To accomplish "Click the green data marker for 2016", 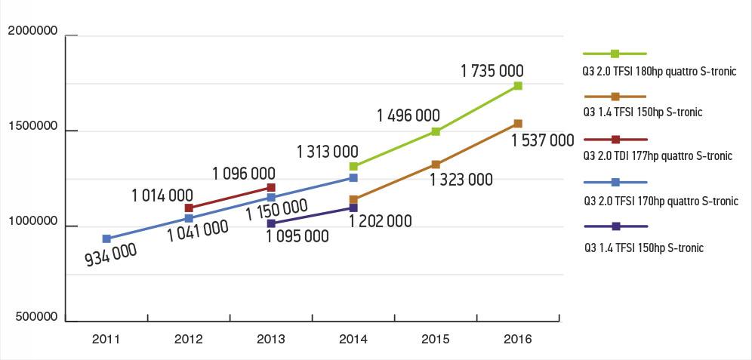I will click(x=518, y=86).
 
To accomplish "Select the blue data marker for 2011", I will click(x=106, y=238).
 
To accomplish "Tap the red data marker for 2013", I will click(x=271, y=187).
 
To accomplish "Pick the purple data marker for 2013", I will click(x=271, y=223).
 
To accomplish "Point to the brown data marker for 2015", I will click(x=436, y=164).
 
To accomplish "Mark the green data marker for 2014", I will click(x=353, y=166).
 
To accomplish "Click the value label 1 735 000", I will click(x=492, y=71).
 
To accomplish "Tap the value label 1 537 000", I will click(x=542, y=140).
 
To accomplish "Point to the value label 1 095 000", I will click(x=297, y=236).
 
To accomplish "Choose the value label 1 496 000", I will click(x=408, y=115).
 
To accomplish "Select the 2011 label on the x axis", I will click(x=106, y=340).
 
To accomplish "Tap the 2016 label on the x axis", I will click(x=518, y=340).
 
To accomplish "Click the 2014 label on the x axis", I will click(x=353, y=340).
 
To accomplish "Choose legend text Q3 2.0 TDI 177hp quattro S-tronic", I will click(x=658, y=156).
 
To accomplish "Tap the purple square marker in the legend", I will click(x=615, y=226).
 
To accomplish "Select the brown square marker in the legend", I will click(x=615, y=97).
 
